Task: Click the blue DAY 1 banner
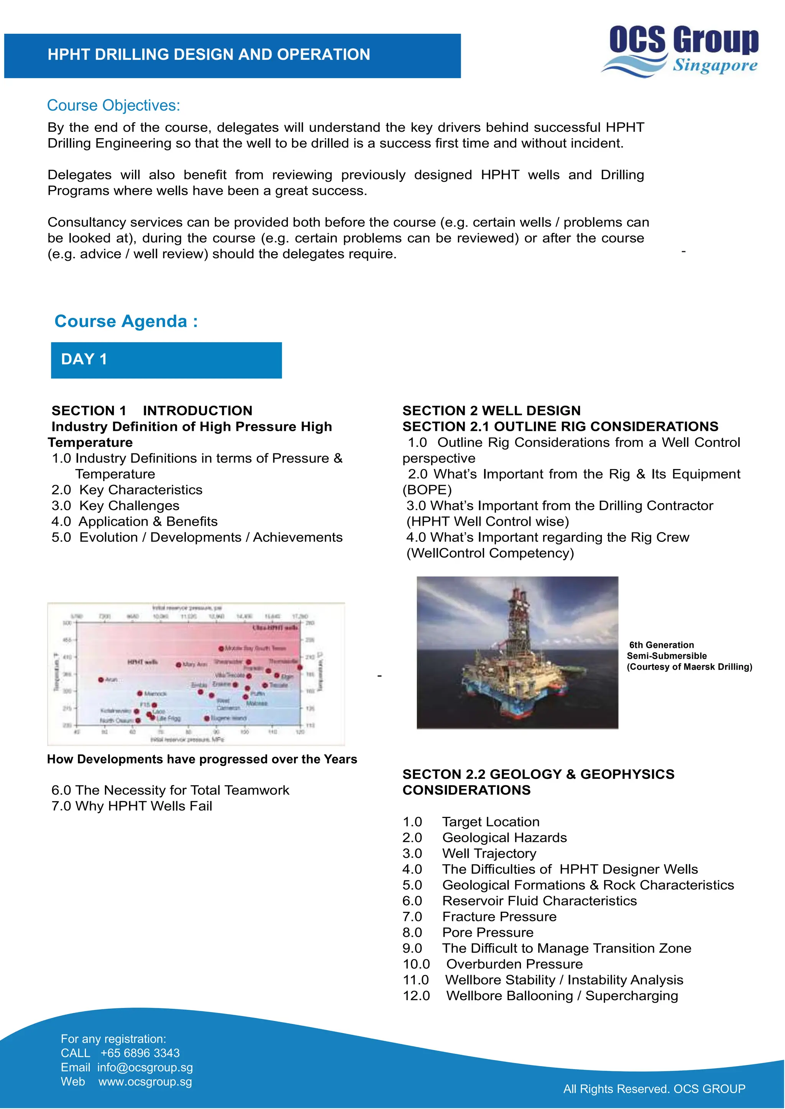(166, 360)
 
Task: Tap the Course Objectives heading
(113, 105)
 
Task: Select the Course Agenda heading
(126, 321)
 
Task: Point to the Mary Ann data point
(178, 665)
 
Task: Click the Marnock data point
(140, 694)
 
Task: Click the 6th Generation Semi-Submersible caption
(689, 656)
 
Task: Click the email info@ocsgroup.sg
(145, 1068)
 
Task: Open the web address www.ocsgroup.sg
(145, 1082)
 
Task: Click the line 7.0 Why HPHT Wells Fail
(131, 806)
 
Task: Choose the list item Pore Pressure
(487, 933)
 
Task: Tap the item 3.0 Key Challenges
(115, 506)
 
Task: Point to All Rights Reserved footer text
(654, 1089)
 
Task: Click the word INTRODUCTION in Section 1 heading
(197, 411)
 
